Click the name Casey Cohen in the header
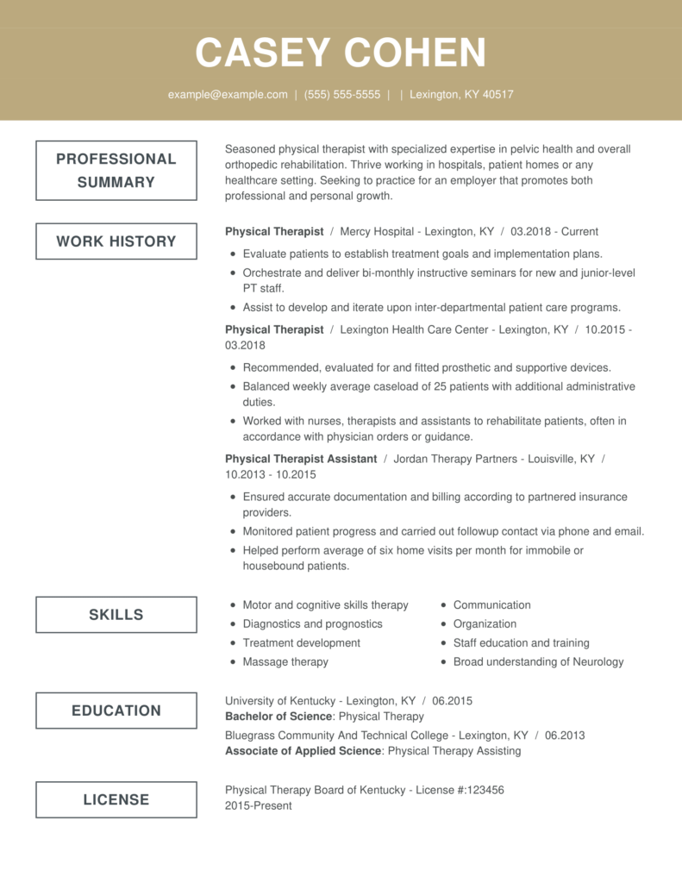341,53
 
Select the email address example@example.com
228,95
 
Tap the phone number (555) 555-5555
341,95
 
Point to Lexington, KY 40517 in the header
461,95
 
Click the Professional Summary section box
116,171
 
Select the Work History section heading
116,241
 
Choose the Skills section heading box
116,615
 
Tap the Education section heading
116,711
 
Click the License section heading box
116,799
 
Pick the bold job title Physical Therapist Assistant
301,459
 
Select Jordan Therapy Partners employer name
454,459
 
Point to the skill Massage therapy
285,661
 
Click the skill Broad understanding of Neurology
538,661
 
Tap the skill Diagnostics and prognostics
312,623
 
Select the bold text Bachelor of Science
278,716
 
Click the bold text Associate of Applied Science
303,750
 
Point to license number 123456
484,790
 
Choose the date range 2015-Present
259,805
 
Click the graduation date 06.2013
565,736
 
